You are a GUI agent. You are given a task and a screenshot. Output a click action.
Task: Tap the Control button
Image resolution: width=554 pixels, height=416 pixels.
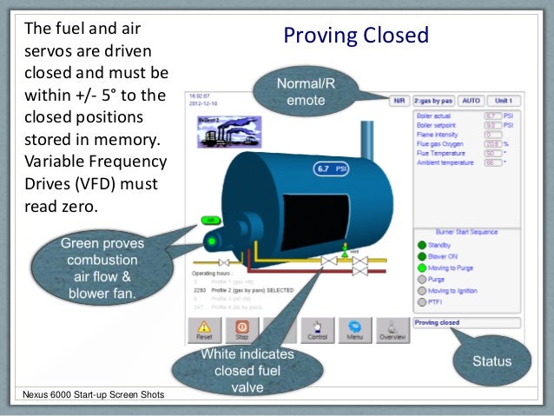coord(317,330)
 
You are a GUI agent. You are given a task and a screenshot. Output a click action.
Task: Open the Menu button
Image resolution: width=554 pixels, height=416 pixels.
coord(355,330)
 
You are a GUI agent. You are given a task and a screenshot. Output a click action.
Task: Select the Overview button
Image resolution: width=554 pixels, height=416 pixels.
coord(392,330)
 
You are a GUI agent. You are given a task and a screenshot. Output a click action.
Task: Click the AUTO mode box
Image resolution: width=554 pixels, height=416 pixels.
coord(470,101)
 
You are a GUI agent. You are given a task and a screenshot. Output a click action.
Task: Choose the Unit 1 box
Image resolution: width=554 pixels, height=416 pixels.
coord(503,101)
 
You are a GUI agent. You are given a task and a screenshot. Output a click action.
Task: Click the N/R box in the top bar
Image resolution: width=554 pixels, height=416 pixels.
coord(399,101)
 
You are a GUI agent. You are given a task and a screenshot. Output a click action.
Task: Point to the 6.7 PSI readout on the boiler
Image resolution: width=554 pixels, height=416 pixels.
coord(330,170)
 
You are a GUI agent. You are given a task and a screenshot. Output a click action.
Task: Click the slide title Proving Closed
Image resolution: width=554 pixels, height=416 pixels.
coord(356,36)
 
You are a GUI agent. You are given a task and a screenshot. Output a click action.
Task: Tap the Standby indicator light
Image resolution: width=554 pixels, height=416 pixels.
coord(422,245)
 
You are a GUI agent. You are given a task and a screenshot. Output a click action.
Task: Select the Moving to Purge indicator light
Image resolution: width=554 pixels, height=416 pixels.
coord(422,268)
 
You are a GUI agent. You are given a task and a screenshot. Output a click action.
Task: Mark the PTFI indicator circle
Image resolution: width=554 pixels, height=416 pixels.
coord(422,303)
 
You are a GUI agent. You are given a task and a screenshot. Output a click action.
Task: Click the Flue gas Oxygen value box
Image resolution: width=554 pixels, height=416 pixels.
coord(492,143)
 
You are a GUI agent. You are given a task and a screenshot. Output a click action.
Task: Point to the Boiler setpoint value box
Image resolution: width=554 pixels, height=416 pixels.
coord(492,125)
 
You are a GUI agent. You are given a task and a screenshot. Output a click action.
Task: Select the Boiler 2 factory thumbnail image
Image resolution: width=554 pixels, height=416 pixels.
coord(217,134)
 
